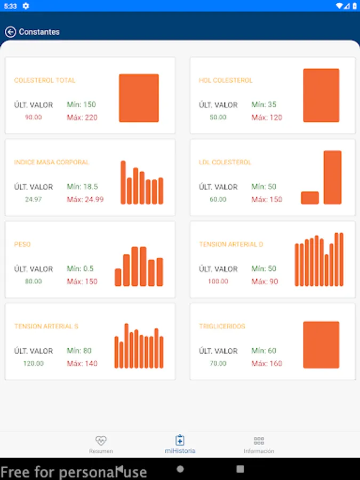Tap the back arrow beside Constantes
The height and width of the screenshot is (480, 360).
coord(10,32)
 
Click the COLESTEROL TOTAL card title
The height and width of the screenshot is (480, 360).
coord(45,81)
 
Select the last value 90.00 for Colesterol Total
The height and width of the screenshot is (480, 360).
coord(33,117)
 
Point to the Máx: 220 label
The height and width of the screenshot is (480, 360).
coord(82,117)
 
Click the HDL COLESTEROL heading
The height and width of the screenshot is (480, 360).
coord(226,81)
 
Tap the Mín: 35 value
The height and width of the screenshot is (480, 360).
coord(264,105)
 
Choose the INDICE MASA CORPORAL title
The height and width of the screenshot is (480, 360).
coord(51,162)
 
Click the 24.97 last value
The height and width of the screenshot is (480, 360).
coord(33,199)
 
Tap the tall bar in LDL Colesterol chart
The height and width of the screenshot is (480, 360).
coord(332,177)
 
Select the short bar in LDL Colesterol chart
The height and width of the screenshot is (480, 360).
coord(310,198)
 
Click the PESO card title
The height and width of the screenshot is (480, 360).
coord(22,244)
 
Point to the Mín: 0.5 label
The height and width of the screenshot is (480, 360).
coord(80,269)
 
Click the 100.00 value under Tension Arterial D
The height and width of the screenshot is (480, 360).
coord(218,282)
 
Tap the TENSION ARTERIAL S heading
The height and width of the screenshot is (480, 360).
coord(46,326)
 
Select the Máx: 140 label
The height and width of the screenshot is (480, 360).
coord(82,364)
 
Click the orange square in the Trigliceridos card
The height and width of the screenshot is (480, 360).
coord(321,345)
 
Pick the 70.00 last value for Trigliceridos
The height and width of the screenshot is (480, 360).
coord(218,364)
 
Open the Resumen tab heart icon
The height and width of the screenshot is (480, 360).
coord(101,441)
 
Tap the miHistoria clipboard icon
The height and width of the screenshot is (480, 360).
coord(180,440)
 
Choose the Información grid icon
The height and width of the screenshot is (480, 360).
coord(259,441)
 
